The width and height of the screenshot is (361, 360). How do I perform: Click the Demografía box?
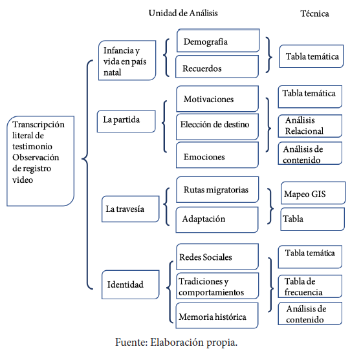[218, 41]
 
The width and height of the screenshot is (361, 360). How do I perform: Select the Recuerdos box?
[217, 67]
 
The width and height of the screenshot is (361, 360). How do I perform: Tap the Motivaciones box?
[217, 99]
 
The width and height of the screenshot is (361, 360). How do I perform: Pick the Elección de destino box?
[217, 127]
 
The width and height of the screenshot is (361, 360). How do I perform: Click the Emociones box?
[217, 155]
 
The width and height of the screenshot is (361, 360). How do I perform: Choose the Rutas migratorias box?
[217, 189]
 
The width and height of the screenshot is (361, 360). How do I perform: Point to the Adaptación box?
[217, 220]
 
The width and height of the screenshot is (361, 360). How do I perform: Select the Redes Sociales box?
[217, 257]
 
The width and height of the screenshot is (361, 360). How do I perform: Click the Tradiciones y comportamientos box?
[217, 286]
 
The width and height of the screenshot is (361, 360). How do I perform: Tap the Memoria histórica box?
[217, 315]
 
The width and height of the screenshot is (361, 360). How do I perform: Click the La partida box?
[126, 122]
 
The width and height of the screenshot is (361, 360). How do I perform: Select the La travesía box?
[130, 209]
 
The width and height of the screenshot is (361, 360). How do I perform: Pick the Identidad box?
[130, 284]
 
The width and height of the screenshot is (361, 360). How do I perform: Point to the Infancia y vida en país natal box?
[127, 60]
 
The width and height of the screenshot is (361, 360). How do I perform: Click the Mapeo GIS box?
[313, 193]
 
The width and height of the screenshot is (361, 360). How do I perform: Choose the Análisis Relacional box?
[310, 126]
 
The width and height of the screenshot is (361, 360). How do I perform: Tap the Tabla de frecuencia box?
[310, 286]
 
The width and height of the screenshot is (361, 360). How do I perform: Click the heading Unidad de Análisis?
[183, 13]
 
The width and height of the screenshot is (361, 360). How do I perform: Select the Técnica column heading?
[314, 14]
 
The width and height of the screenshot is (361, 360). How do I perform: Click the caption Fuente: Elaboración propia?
[177, 343]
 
